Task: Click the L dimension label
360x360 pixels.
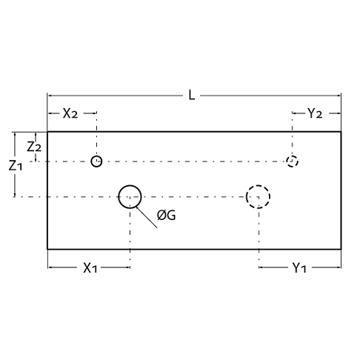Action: [x=192, y=95]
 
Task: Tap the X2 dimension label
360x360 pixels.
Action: [x=70, y=113]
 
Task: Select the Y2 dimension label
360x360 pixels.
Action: [x=315, y=113]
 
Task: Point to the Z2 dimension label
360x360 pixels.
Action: [x=34, y=147]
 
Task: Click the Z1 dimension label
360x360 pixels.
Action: [x=16, y=166]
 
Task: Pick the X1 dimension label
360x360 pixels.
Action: [x=90, y=268]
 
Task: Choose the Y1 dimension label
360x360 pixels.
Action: [x=299, y=268]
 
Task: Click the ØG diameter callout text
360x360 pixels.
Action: [x=167, y=216]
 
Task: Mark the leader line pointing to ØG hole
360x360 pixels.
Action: [x=146, y=217]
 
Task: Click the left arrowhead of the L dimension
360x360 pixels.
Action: [x=50, y=96]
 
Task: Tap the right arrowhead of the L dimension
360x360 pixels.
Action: [x=339, y=96]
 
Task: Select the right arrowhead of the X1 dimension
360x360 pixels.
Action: [x=127, y=267]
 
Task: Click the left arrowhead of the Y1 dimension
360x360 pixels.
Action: [x=261, y=267]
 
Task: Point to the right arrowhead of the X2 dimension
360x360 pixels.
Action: [x=94, y=113]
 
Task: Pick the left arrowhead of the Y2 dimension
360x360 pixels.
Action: [x=294, y=113]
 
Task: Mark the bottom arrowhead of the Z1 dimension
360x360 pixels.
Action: [x=15, y=195]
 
